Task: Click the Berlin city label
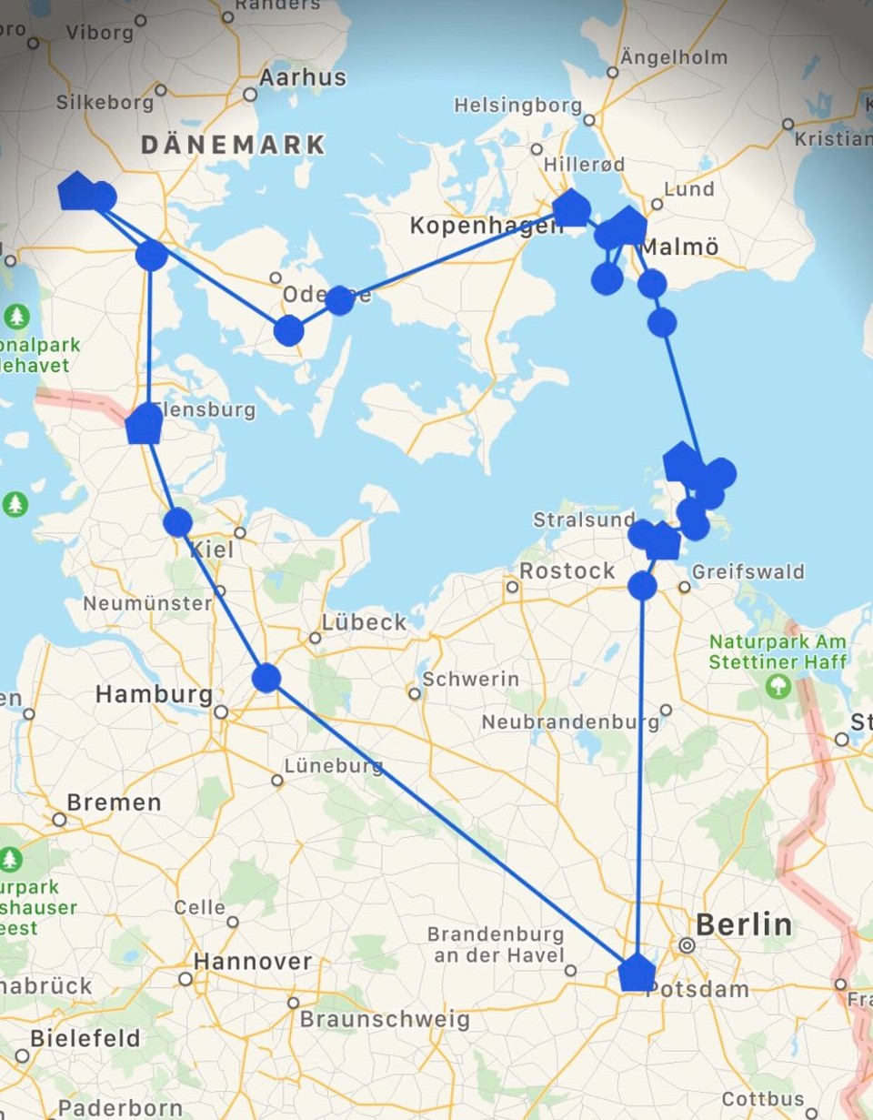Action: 744,925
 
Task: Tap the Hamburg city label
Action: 154,694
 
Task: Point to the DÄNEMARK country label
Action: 234,144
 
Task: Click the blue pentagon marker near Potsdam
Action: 637,973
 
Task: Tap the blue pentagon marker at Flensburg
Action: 144,425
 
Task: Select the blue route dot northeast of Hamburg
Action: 266,678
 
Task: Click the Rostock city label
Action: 567,571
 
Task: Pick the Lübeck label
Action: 365,622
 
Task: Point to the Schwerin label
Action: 471,679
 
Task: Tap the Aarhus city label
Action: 303,78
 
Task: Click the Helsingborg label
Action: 518,106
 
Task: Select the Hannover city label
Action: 253,962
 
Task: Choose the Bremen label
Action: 114,802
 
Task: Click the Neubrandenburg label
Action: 570,721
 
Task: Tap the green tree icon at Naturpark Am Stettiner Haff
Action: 778,686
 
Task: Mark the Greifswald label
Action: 748,571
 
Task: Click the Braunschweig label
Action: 385,1019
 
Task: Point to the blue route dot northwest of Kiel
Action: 177,522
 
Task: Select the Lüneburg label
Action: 334,766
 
